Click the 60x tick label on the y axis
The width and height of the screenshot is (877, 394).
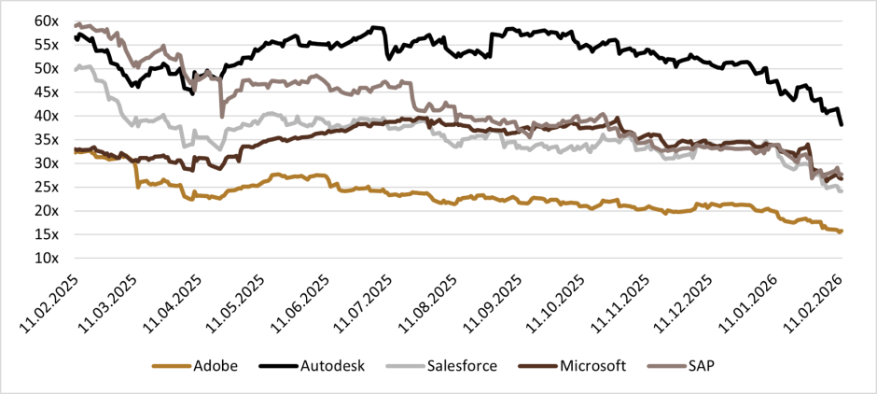(x=47, y=21)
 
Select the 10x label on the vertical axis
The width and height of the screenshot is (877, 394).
(x=47, y=259)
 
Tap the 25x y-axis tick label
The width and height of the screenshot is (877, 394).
(x=47, y=188)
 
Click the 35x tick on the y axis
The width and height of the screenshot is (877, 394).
(x=47, y=140)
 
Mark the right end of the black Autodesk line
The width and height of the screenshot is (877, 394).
(x=842, y=124)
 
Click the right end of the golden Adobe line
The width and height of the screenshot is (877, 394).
(x=842, y=231)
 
